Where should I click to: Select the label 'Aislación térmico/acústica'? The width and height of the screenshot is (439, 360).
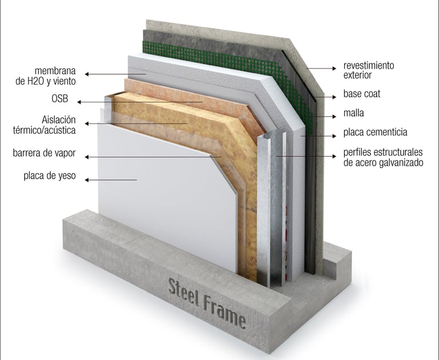coord(59,125)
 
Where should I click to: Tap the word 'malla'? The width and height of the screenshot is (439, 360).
coord(354,113)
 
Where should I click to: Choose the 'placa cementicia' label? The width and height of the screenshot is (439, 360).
coord(375,133)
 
